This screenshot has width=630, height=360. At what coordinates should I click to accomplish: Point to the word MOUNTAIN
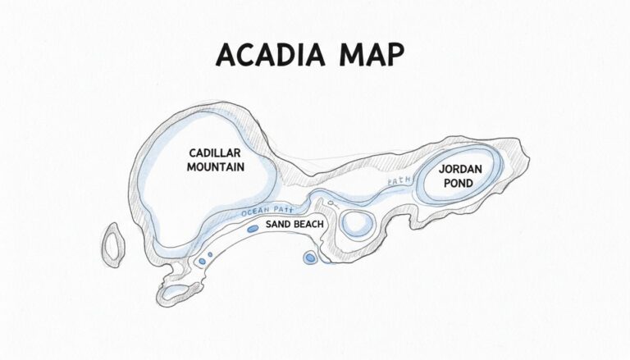click(216, 166)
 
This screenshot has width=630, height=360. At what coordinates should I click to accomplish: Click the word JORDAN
click(459, 169)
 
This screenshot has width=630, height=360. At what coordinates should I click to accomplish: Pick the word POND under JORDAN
click(459, 183)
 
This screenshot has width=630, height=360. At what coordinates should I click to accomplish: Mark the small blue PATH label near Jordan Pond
click(398, 181)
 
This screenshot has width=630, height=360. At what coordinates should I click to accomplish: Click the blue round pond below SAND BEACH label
click(310, 258)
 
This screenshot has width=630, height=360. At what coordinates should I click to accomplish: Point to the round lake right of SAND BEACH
click(357, 223)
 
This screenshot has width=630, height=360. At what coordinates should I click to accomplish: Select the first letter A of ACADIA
click(225, 55)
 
